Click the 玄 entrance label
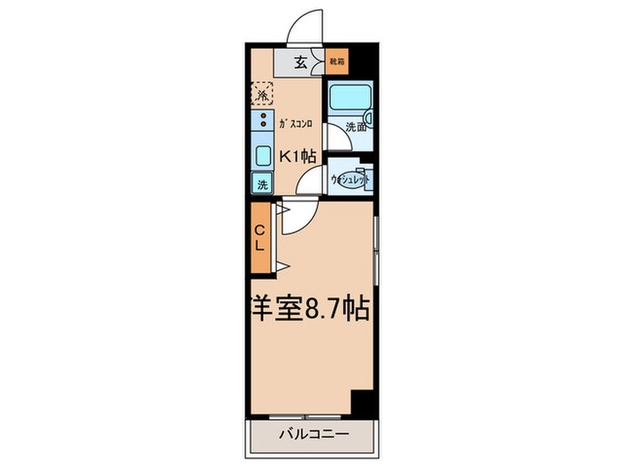pyautogui.click(x=300, y=62)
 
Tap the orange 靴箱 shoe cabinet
pyautogui.click(x=335, y=62)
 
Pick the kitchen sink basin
pyautogui.click(x=262, y=155)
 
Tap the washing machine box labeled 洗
pyautogui.click(x=262, y=185)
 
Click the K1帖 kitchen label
pyautogui.click(x=298, y=155)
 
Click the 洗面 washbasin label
pyautogui.click(x=356, y=127)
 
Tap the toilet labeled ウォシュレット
pyautogui.click(x=349, y=179)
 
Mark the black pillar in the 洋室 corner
pyautogui.click(x=362, y=402)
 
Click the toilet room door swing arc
pyautogui.click(x=311, y=183)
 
